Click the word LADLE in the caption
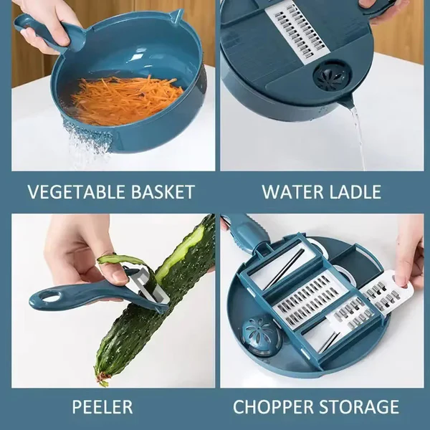[355, 192]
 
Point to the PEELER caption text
[102, 407]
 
